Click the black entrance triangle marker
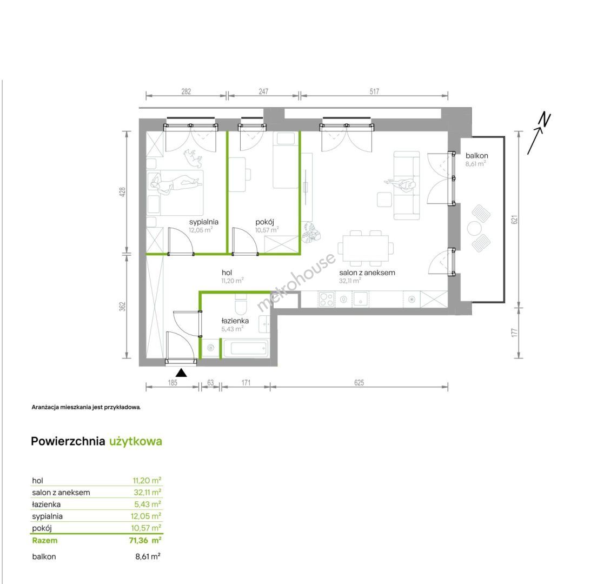point(181,373)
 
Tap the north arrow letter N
point(545,120)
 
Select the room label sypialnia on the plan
point(204,222)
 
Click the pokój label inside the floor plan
point(264,222)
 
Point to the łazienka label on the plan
point(235,321)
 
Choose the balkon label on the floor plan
point(477,155)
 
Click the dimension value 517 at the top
point(374,91)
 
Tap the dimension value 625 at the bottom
point(359,383)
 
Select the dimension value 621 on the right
point(514,220)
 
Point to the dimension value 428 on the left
point(122,192)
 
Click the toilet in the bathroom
point(241,303)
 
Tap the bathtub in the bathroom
point(246,348)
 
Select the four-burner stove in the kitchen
point(327,299)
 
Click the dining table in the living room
point(366,248)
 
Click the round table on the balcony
point(474,228)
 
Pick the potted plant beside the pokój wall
point(311,233)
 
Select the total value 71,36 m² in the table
point(145,540)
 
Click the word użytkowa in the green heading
point(136,441)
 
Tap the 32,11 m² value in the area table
point(147,492)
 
